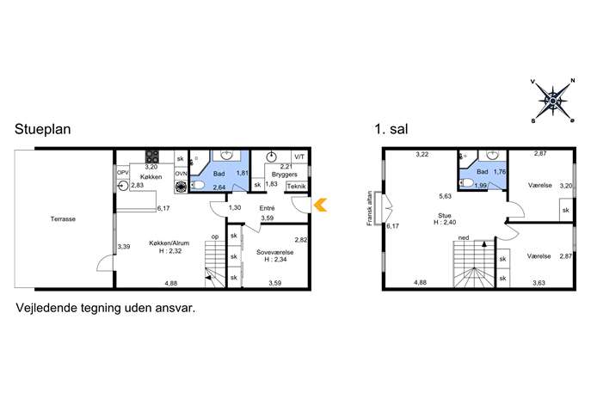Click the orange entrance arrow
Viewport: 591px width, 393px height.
320,205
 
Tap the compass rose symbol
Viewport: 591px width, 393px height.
552,101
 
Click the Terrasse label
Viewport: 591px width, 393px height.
63,218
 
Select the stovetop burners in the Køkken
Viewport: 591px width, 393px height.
152,157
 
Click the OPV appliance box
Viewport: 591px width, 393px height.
122,172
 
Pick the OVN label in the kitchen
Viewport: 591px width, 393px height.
181,174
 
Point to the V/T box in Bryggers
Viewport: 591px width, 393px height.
299,157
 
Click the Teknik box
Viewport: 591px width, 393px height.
297,186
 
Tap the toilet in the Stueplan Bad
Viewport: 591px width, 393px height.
198,185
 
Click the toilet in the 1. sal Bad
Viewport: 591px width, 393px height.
466,183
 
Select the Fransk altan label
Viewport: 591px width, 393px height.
369,208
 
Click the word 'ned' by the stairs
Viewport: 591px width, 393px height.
464,237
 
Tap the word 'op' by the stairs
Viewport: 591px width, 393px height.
215,236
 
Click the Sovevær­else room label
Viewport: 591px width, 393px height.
275,252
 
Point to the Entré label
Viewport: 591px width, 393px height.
267,208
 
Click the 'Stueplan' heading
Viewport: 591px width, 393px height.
43,129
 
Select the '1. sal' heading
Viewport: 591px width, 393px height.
391,129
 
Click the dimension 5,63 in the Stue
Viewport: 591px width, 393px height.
445,196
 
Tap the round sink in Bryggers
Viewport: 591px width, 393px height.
271,156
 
